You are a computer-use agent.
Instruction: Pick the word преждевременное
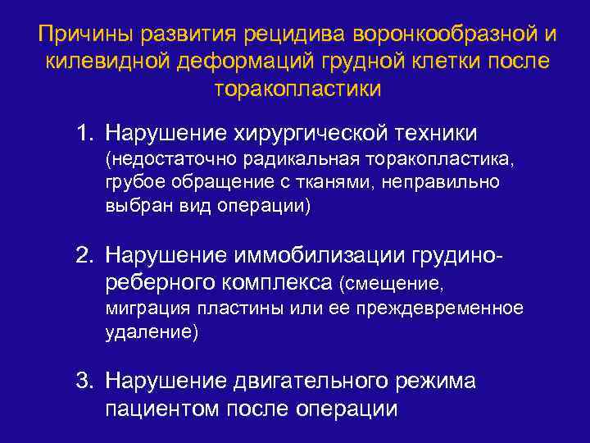(x=444, y=310)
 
